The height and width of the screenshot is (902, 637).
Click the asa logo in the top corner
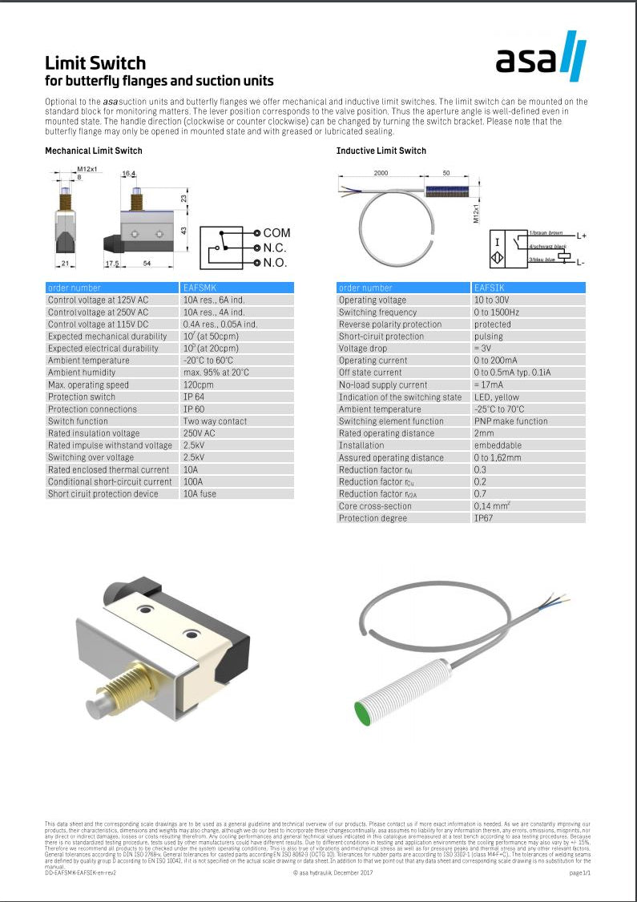[x=541, y=55]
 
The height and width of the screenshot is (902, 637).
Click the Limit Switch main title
[x=95, y=63]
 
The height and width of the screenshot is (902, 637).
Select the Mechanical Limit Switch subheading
[x=93, y=151]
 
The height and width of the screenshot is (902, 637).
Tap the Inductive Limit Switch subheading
[x=381, y=151]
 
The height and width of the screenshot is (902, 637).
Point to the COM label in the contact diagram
[x=276, y=233]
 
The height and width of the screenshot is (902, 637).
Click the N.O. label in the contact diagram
[x=275, y=263]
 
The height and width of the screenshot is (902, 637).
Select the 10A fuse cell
[x=200, y=493]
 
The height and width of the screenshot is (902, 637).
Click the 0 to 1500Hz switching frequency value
[x=496, y=312]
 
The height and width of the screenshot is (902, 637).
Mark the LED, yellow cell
[x=496, y=397]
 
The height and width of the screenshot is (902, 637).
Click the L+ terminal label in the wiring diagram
[x=581, y=236]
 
